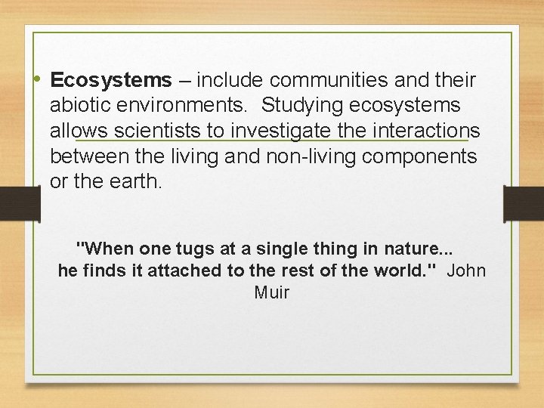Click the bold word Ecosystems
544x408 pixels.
[x=111, y=80]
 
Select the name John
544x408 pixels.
[x=467, y=270]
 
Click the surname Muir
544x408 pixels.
[x=272, y=292]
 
